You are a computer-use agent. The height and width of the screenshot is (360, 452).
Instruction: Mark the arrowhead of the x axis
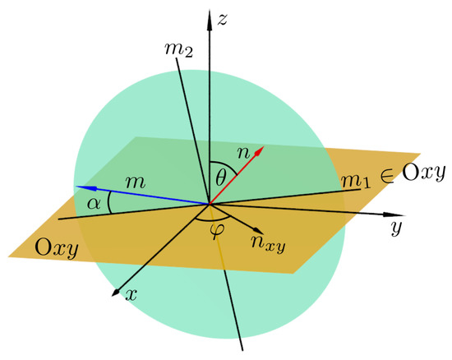point(118,292)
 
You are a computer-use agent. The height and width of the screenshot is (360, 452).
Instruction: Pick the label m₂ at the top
point(179,50)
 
